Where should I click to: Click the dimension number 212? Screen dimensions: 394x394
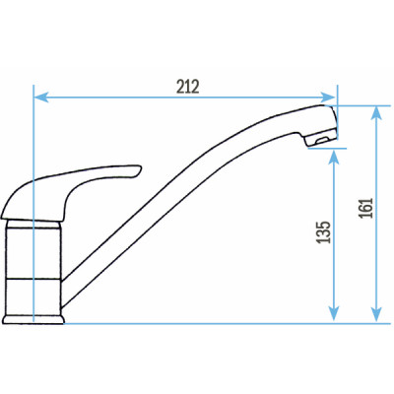(x=188, y=86)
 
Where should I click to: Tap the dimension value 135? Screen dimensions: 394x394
(x=324, y=232)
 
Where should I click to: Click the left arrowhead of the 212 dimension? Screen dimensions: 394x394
(x=39, y=98)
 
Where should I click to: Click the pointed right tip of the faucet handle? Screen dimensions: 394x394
(x=139, y=168)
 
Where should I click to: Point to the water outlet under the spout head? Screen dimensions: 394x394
(x=317, y=146)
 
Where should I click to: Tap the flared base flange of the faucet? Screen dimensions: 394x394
(x=34, y=316)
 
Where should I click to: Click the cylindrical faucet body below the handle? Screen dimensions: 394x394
(x=34, y=266)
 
